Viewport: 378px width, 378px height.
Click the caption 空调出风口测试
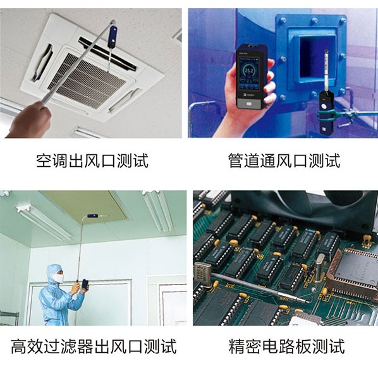tap(92, 161)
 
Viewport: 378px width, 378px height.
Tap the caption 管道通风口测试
tap(284, 161)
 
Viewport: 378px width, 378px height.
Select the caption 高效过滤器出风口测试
tap(94, 346)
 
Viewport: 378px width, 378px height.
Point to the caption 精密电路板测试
tap(286, 346)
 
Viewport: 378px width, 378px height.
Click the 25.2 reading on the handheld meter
tap(248, 71)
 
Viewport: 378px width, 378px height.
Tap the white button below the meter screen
tap(249, 104)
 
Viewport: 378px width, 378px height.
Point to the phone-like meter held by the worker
tap(85, 284)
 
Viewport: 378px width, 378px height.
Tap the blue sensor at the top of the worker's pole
tap(92, 216)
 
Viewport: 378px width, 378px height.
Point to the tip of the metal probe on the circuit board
tap(309, 302)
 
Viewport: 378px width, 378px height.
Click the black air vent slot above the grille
tap(107, 54)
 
